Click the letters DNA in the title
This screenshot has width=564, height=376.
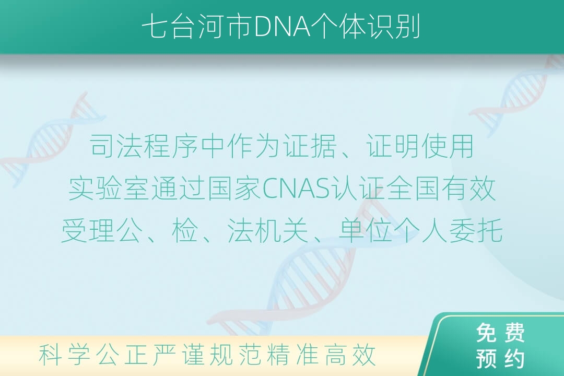coord(283,27)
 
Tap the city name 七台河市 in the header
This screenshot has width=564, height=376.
coord(197,27)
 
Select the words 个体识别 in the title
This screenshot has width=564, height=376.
coord(367,27)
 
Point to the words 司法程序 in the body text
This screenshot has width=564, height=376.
coord(144,146)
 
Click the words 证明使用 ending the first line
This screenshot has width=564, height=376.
coord(420,146)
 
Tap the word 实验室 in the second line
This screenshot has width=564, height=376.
coord(109,189)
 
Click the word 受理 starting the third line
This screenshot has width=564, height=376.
coord(88,231)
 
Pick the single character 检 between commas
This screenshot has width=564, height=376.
coord(185,231)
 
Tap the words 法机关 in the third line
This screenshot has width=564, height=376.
coord(268,231)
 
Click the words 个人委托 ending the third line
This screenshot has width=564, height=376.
coord(448,231)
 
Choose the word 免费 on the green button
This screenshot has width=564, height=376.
coord(500,333)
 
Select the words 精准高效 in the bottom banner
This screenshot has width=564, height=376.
coord(322,355)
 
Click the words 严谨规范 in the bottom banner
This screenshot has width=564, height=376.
coord(207,355)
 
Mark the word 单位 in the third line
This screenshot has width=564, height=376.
coord(365,231)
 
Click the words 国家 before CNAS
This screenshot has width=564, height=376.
coord(234,189)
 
